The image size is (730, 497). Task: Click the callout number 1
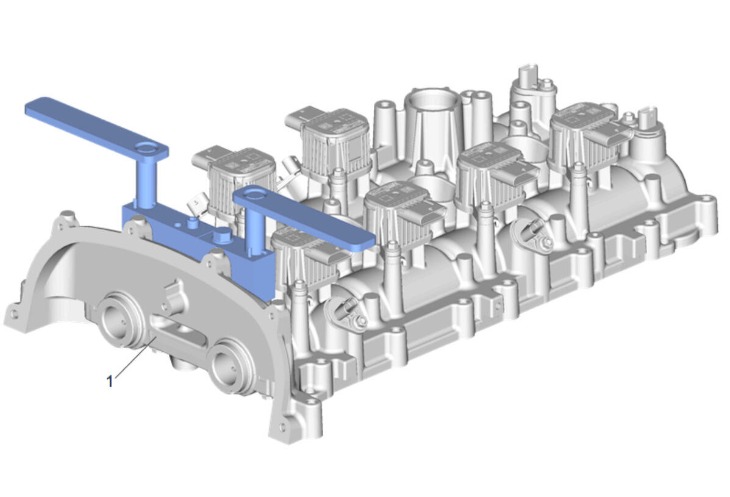coord(109,381)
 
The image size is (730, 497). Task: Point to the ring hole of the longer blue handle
coord(148,149)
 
